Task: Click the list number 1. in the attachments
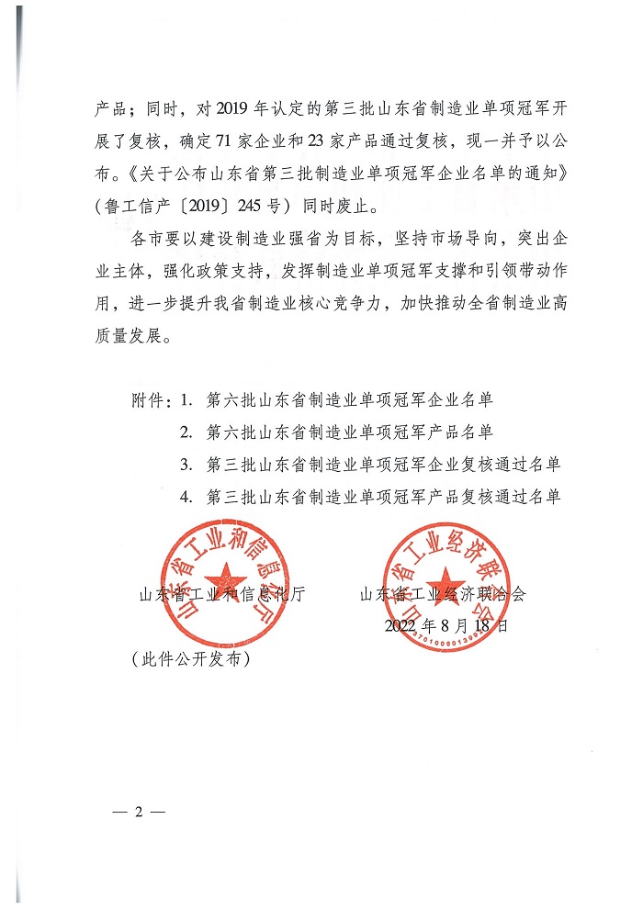tap(186, 401)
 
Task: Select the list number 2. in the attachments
tap(186, 432)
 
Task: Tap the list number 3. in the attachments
tap(186, 465)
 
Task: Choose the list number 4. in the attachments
tap(186, 497)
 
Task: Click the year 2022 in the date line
tap(401, 626)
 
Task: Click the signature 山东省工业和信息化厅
tap(220, 594)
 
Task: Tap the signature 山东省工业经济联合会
tap(444, 594)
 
